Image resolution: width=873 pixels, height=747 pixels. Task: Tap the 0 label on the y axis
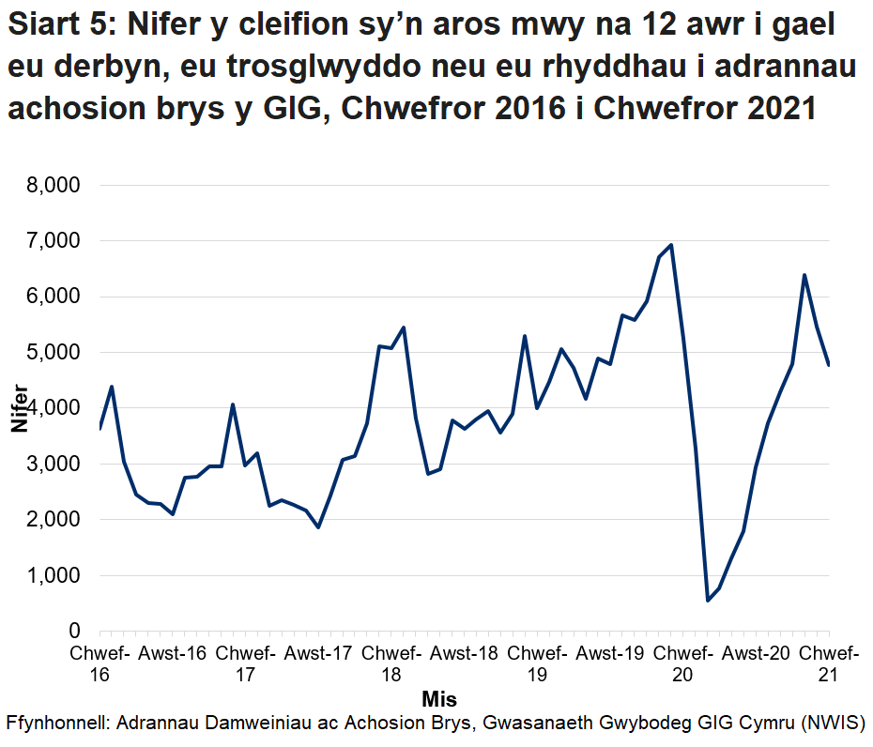(x=74, y=632)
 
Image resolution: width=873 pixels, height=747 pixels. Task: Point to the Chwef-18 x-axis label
(x=391, y=663)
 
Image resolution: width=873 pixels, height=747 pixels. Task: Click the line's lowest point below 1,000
(x=707, y=601)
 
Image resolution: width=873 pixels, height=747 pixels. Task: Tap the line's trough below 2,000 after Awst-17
(x=318, y=527)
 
